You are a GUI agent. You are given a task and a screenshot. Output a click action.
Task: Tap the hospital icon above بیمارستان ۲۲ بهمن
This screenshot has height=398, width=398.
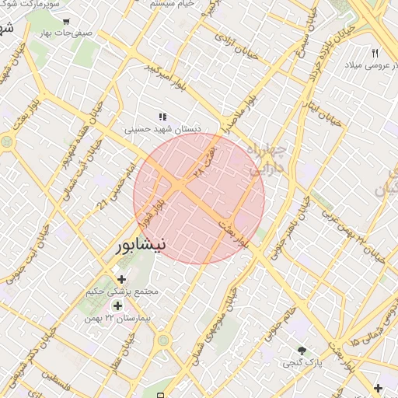point(117,305)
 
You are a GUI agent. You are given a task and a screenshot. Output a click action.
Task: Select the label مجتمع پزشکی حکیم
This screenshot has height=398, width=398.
point(124,292)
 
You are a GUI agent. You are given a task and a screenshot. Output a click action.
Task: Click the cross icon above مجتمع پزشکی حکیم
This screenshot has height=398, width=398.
point(121,279)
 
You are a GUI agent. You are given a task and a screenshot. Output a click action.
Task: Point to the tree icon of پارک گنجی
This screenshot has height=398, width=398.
point(302,351)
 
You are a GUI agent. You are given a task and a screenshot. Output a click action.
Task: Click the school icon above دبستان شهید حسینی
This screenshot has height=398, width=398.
point(162,117)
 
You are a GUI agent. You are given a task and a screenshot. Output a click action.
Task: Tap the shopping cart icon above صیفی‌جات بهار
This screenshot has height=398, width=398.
point(66,22)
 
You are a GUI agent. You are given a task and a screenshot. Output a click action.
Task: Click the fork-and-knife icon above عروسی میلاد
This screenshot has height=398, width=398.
point(375,53)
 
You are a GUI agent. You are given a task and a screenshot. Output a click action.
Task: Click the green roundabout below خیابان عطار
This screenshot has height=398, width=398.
point(163,340)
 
